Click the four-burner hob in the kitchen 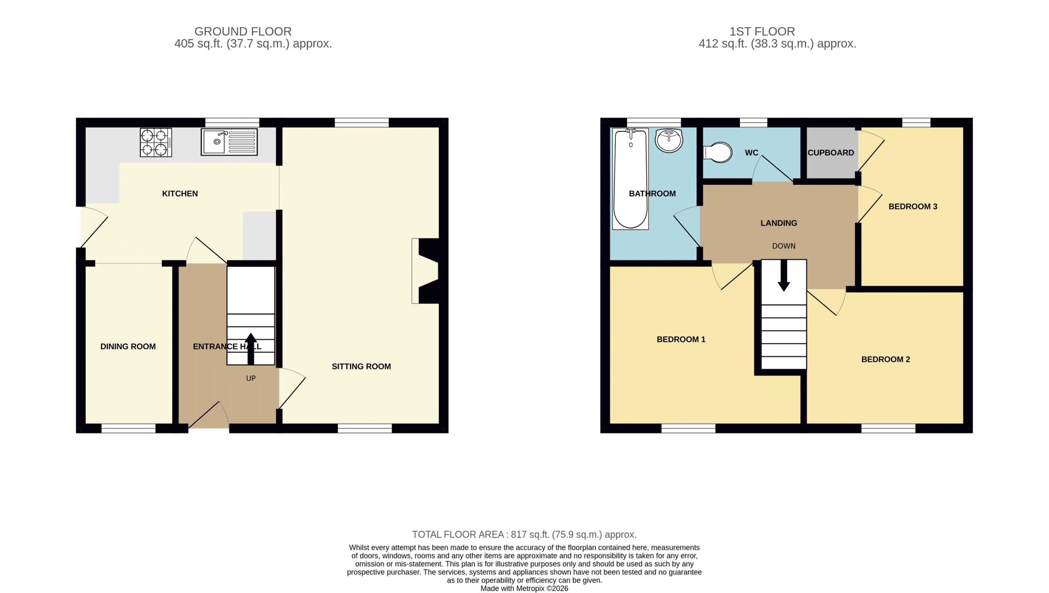click(x=156, y=143)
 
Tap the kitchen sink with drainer click(x=229, y=142)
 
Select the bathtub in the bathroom click(x=630, y=179)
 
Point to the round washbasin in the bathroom click(x=669, y=140)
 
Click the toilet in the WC click(x=717, y=153)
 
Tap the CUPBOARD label click(x=831, y=153)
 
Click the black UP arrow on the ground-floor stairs click(x=251, y=349)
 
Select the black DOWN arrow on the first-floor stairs click(x=784, y=276)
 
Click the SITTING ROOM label click(x=361, y=367)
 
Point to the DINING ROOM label click(x=128, y=346)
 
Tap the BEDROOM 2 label click(x=886, y=360)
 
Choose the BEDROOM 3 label click(x=913, y=206)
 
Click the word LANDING click(x=779, y=223)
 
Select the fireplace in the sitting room click(x=425, y=271)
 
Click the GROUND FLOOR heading click(x=243, y=32)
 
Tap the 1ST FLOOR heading click(x=762, y=32)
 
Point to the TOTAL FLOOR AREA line click(x=524, y=534)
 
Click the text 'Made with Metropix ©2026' click(x=524, y=588)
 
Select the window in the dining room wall click(x=129, y=428)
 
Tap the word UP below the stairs click(x=251, y=378)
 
